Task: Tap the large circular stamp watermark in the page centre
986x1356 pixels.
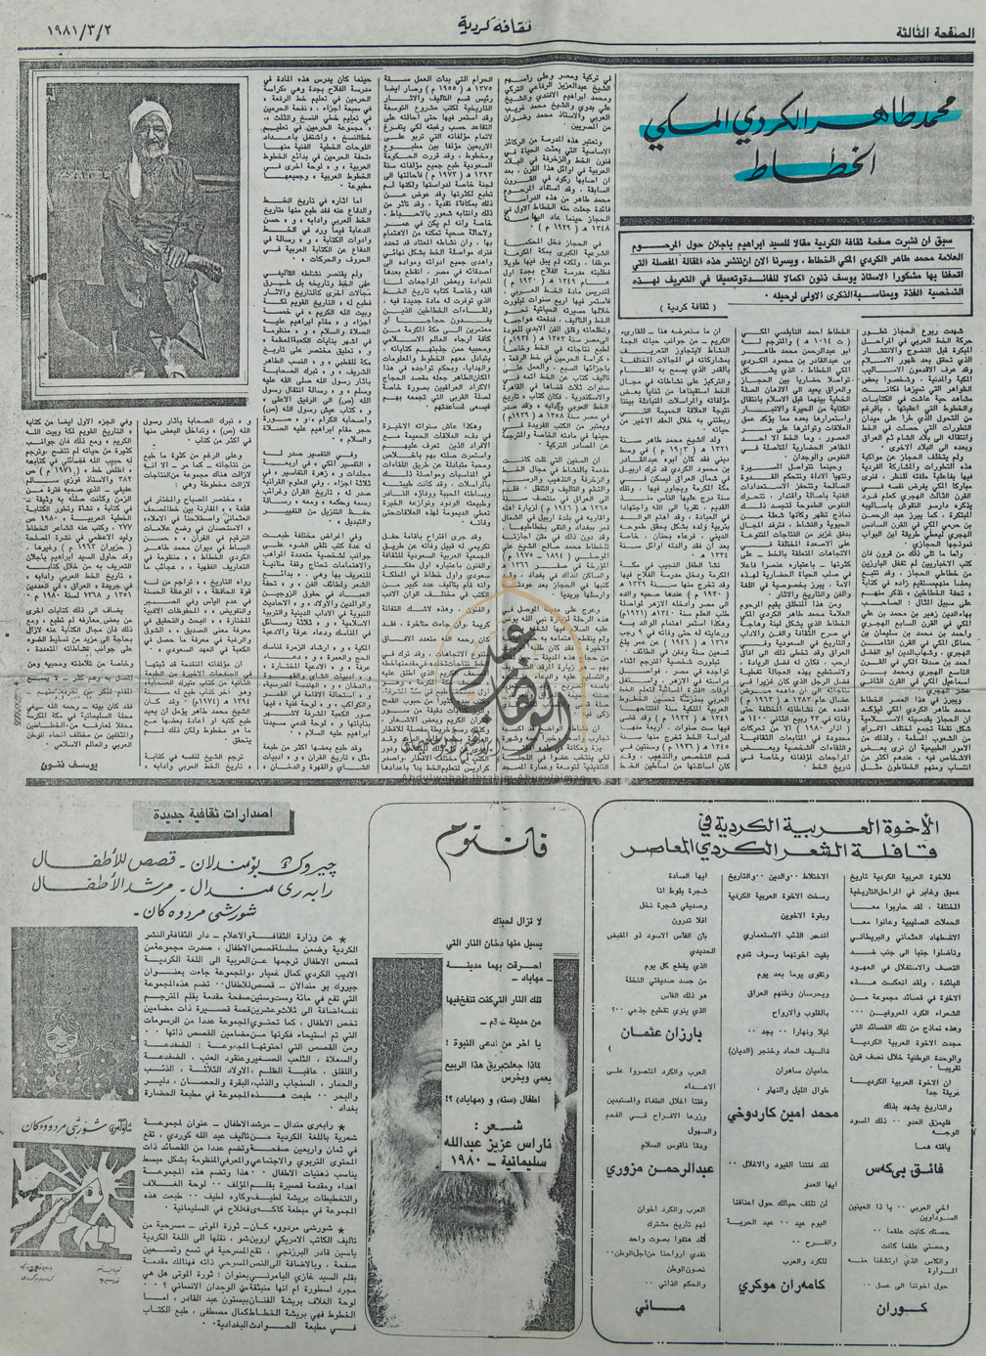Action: [490, 636]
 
